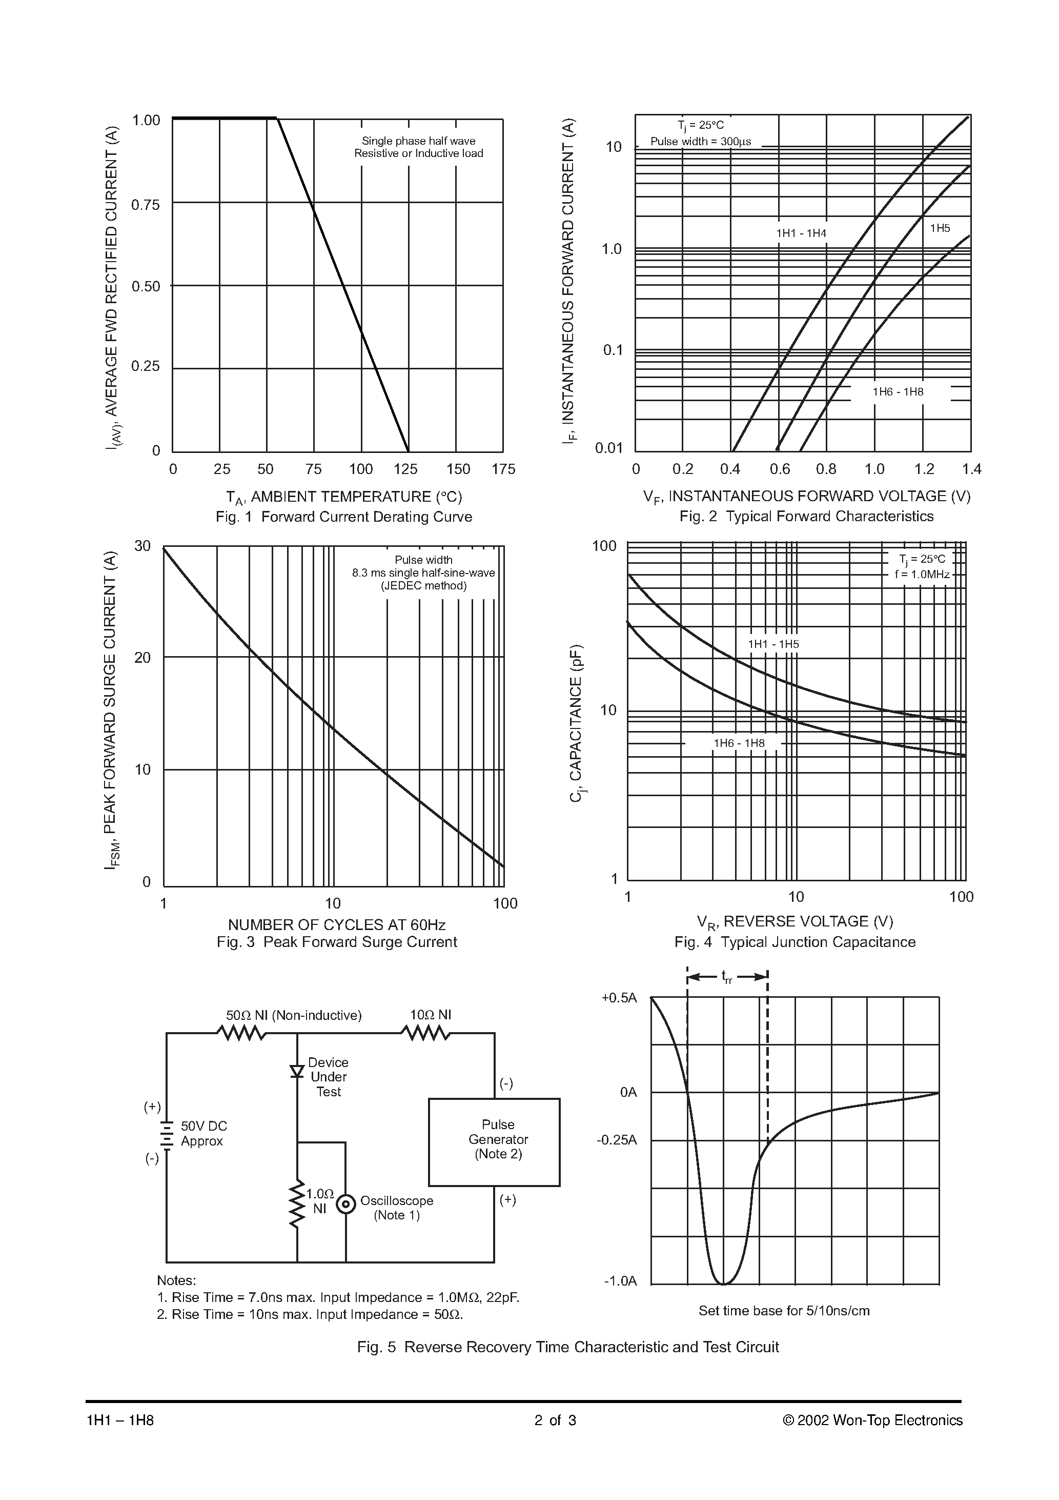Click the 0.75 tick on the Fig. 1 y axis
pos(145,205)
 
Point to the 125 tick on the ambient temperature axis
pos(405,469)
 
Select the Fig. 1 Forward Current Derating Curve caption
pos(343,517)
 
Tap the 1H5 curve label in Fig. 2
pos(940,228)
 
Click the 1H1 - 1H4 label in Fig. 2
pos(801,233)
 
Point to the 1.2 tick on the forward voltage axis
pos(923,469)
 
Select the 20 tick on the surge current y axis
pos(142,658)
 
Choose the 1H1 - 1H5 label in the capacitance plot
pos(773,644)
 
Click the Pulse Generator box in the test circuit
pos(494,1139)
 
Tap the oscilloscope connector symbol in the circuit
pos(345,1204)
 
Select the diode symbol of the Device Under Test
pos(297,1071)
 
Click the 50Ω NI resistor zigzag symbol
pos(241,1033)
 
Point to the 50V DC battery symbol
pos(167,1135)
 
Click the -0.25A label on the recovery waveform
pos(616,1140)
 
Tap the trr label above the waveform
pos(726,977)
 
